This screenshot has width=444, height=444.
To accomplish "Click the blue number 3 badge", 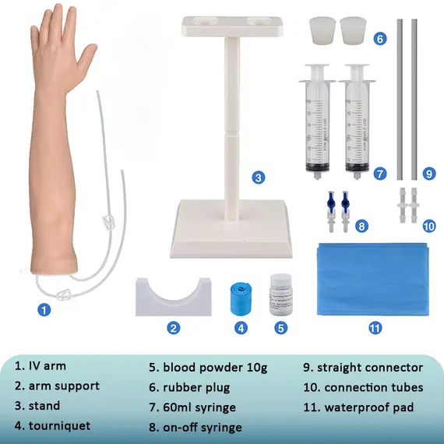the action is [x=259, y=178].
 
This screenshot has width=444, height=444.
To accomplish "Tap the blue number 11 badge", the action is [x=375, y=328].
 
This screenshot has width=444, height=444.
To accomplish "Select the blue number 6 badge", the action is [x=380, y=38].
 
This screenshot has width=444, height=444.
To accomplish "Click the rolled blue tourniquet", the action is [x=241, y=299].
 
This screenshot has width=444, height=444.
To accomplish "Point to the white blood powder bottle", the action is [x=280, y=294].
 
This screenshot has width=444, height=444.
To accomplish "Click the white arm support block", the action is [x=173, y=298].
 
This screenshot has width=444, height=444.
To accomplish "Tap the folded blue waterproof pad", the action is [x=373, y=279].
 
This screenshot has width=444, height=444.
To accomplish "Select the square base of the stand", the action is [x=231, y=229].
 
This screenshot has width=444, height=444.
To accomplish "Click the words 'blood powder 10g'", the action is [x=215, y=368].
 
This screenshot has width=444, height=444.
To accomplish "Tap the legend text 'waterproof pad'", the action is [x=369, y=407].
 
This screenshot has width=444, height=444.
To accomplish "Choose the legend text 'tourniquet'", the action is [x=59, y=425].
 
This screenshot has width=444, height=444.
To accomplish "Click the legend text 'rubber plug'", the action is [x=196, y=388].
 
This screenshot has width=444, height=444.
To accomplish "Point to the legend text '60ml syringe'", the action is [x=199, y=407].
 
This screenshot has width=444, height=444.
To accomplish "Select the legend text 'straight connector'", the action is [x=370, y=368].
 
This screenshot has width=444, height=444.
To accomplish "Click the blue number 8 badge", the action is [x=361, y=226].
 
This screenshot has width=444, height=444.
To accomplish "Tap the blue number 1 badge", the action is [x=44, y=309].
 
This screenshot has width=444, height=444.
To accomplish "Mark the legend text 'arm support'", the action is [x=64, y=386].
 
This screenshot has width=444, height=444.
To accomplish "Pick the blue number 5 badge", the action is [x=280, y=328].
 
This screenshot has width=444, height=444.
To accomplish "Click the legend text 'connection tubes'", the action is [x=374, y=387].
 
